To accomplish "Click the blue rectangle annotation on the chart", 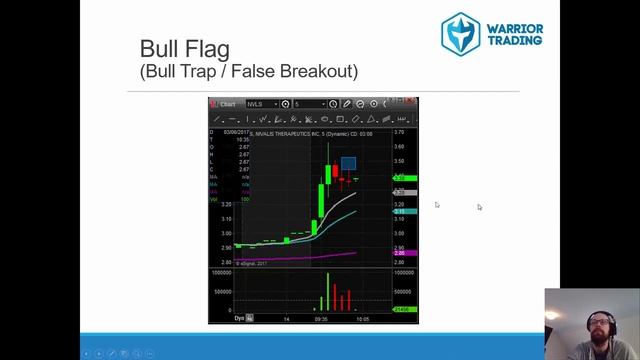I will pyautogui.click(x=348, y=164).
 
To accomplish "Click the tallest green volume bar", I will pyautogui.click(x=328, y=291).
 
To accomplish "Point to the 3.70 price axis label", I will pyautogui.click(x=399, y=132).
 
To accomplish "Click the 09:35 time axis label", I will pyautogui.click(x=320, y=319).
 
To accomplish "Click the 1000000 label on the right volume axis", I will pyautogui.click(x=403, y=271).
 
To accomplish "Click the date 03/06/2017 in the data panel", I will pyautogui.click(x=235, y=132).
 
